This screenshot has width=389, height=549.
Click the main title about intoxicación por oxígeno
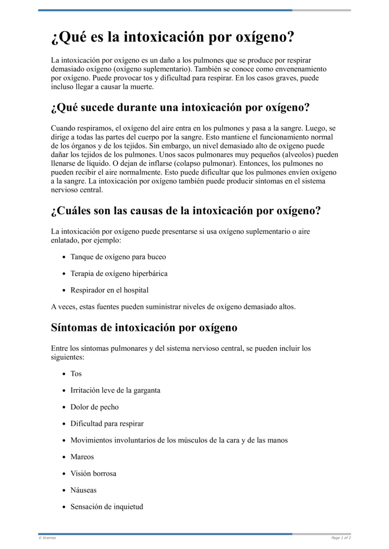173,37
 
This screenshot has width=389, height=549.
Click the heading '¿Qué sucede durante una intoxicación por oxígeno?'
180,107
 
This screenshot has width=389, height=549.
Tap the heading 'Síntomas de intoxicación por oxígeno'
144,327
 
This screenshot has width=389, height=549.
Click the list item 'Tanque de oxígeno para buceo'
118,257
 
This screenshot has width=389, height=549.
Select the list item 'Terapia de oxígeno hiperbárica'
119,274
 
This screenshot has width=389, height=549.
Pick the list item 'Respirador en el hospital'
109,290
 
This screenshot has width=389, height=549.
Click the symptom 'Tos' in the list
76,374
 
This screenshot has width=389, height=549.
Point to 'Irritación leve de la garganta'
115,390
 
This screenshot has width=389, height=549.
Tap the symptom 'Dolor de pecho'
94,407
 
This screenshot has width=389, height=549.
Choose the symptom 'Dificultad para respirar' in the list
107,424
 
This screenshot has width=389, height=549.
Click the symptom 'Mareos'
82,457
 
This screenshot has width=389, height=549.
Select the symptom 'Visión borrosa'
93,473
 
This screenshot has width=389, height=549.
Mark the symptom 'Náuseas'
84,490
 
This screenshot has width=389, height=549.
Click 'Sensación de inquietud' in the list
107,507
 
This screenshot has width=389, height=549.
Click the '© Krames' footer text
47,538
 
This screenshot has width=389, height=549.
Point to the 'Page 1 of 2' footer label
341,538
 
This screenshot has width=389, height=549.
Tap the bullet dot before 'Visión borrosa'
64,474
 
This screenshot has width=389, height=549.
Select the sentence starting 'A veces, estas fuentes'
173,307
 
